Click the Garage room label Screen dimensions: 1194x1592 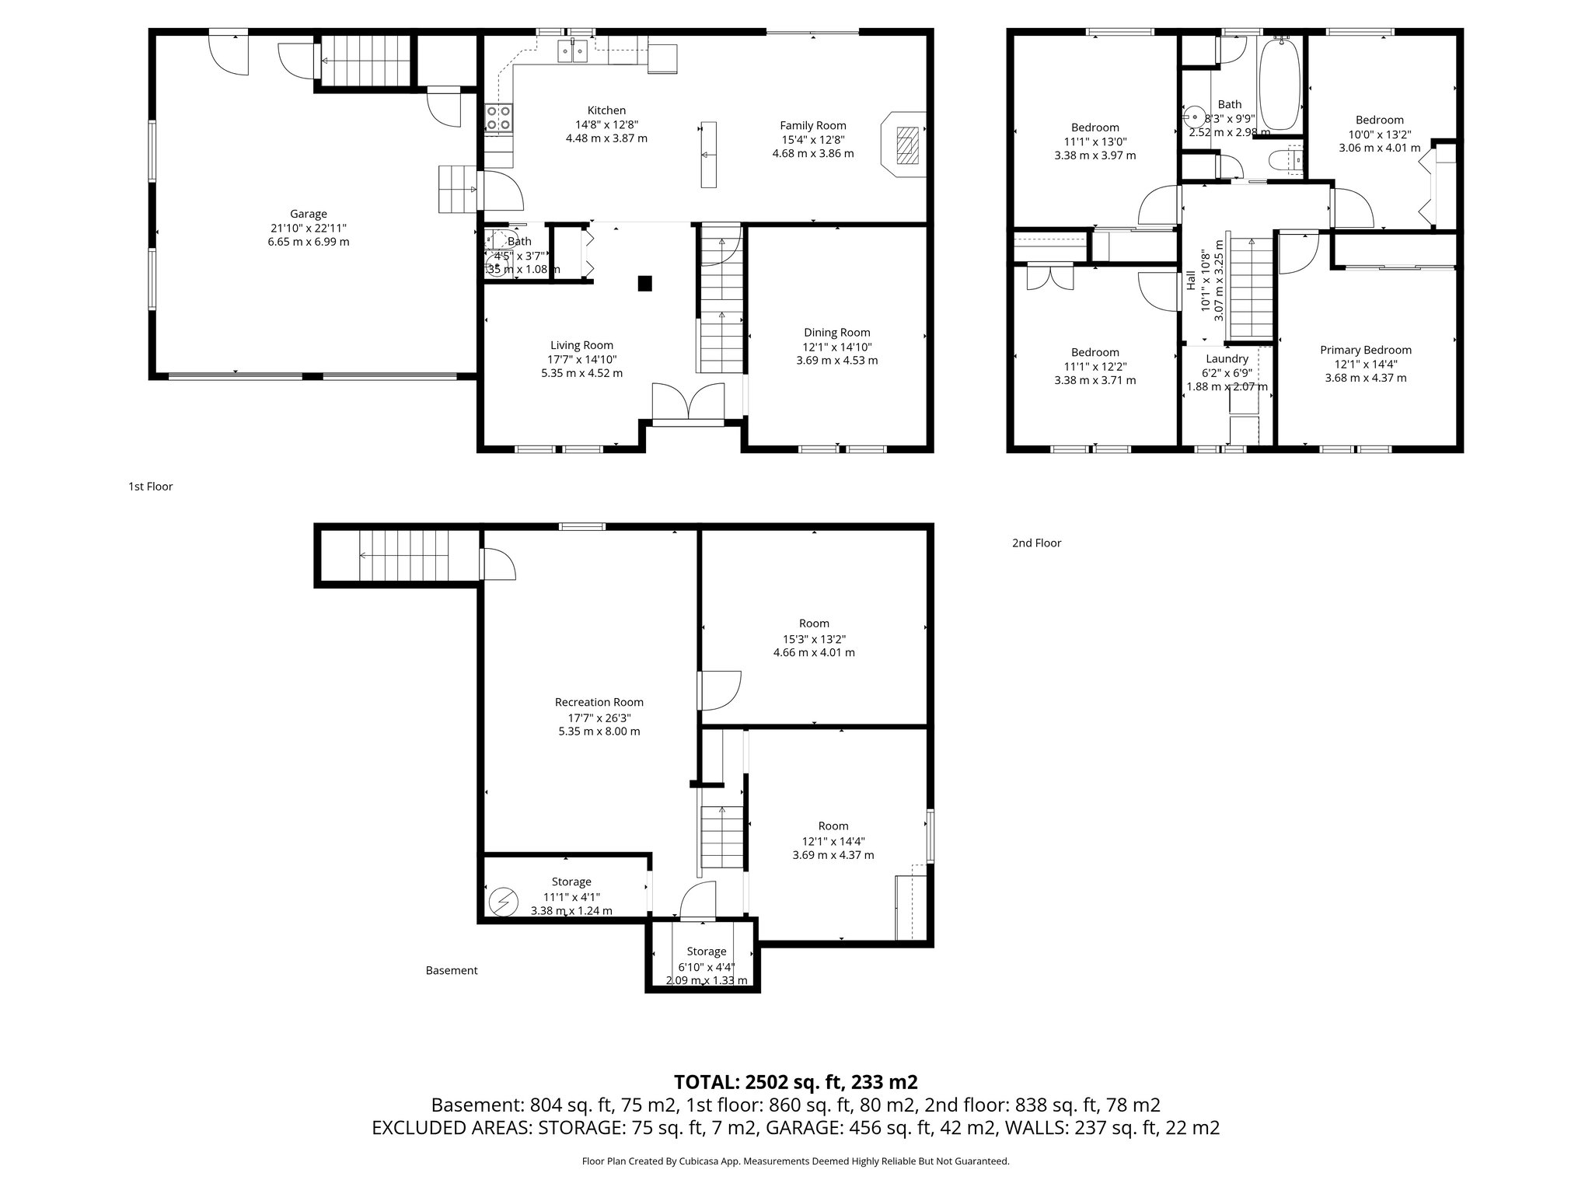point(308,214)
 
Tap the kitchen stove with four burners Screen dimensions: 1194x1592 point(498,117)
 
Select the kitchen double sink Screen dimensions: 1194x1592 point(572,51)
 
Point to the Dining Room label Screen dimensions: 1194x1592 point(836,333)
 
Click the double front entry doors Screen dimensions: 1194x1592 point(688,403)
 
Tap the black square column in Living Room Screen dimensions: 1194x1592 point(644,284)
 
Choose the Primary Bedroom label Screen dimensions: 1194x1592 point(1365,350)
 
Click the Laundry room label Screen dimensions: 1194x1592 point(1227,358)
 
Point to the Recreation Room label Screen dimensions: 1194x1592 point(599,702)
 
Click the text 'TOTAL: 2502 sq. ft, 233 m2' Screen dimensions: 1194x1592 point(795,1081)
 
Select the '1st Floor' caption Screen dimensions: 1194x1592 point(150,487)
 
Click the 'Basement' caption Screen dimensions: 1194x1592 point(451,970)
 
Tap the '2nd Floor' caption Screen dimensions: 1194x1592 point(1035,543)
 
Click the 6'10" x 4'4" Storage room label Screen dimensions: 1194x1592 point(706,951)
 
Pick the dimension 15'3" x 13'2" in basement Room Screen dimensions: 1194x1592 point(813,639)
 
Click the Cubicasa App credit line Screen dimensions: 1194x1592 point(795,1161)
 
